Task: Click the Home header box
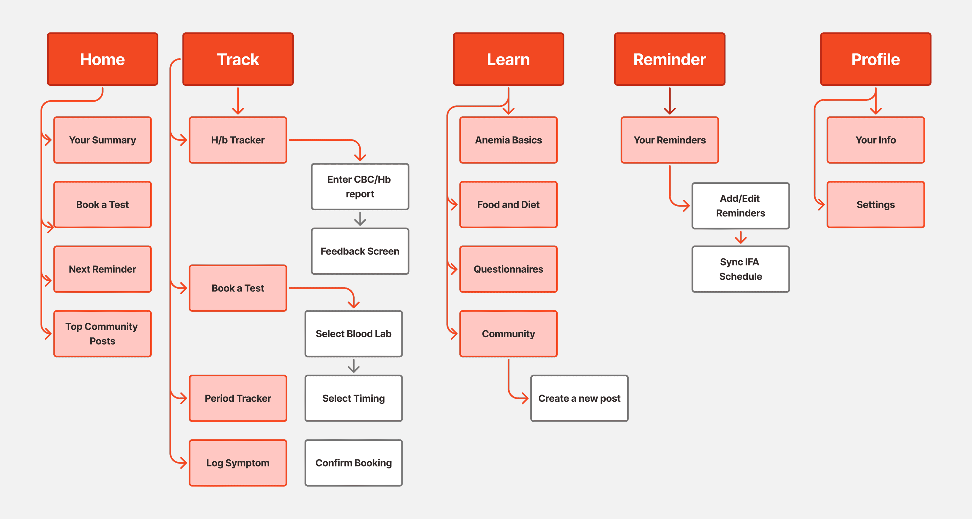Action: coord(102,59)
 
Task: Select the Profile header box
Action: coord(875,59)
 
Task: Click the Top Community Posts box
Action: coord(102,333)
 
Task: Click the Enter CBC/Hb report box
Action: coord(360,186)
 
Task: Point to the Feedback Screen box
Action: coord(360,251)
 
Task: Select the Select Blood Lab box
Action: coord(354,333)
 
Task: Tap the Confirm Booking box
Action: coord(354,463)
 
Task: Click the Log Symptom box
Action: coord(238,463)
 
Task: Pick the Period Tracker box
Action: coord(238,398)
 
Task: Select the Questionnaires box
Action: coord(508,269)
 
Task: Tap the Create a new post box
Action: coord(579,398)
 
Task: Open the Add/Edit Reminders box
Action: coord(740,206)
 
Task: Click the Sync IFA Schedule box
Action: coord(740,269)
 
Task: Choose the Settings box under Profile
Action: coord(875,204)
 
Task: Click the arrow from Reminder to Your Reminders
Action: coord(670,101)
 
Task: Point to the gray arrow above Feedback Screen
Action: coord(360,219)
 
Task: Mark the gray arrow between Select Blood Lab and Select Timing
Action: coord(354,366)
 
